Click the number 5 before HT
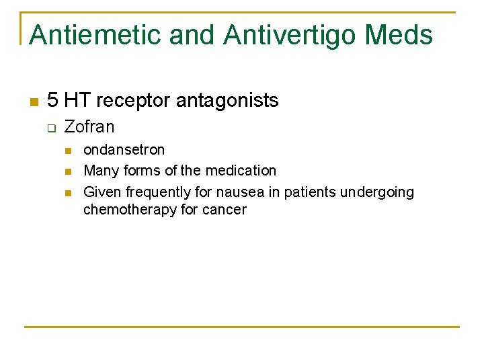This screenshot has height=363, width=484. click(x=52, y=101)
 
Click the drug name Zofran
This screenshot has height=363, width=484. click(x=89, y=127)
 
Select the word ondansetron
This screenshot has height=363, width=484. click(x=124, y=149)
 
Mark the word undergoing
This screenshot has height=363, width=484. click(x=377, y=192)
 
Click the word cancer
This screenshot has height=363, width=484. click(x=225, y=210)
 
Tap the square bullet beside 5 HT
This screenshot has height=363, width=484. click(x=32, y=102)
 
